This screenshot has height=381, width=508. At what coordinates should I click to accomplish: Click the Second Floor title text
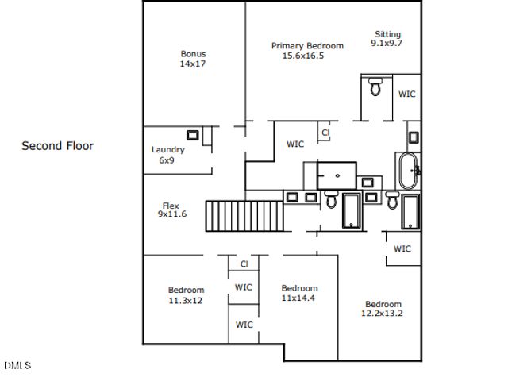(x=57, y=146)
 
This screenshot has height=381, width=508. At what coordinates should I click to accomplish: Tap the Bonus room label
(x=193, y=54)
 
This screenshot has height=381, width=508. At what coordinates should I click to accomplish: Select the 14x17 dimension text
(x=193, y=63)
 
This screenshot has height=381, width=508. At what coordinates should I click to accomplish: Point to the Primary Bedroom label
(x=307, y=46)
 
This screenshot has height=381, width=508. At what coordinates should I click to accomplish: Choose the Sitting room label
(x=387, y=34)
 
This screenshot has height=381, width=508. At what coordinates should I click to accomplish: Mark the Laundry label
(x=167, y=149)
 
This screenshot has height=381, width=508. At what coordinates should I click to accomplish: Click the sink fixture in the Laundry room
(x=192, y=135)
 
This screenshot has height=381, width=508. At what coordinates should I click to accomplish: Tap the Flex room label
(x=171, y=206)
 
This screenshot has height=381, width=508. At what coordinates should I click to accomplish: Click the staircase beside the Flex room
(x=244, y=215)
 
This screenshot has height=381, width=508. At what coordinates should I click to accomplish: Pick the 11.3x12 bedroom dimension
(x=186, y=301)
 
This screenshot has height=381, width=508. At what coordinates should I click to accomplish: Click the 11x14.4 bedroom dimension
(x=299, y=298)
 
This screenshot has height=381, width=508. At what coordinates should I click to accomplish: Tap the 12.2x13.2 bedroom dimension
(x=383, y=314)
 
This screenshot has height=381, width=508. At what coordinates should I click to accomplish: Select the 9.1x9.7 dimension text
(x=387, y=44)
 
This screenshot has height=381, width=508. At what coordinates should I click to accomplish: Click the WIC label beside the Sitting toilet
(x=406, y=94)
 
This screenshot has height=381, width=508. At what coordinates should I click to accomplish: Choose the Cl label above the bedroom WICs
(x=244, y=264)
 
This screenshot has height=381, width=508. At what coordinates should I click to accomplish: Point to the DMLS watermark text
(x=17, y=366)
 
